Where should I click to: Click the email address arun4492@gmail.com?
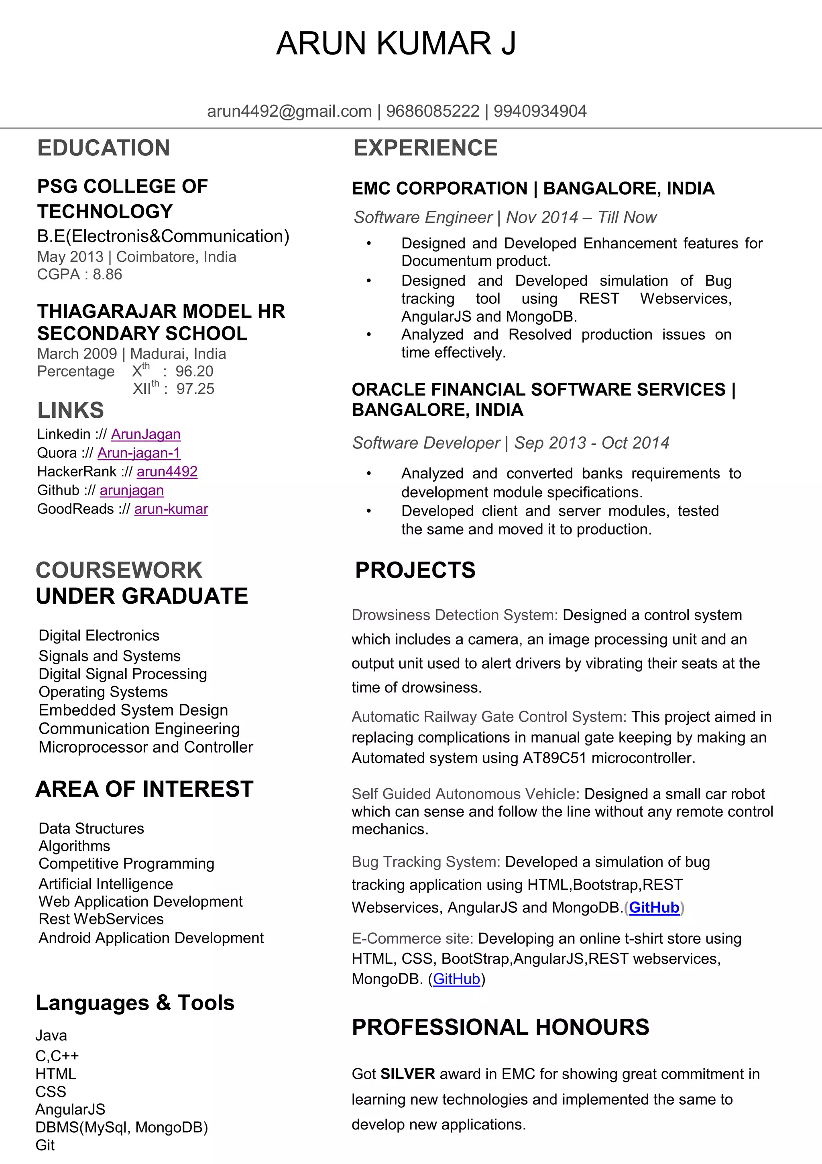(x=289, y=111)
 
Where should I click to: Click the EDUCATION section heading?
(x=104, y=148)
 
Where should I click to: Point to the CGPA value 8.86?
(x=107, y=274)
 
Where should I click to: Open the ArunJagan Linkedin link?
(x=146, y=434)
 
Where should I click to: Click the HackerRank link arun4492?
(x=167, y=472)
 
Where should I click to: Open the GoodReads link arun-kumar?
(x=171, y=509)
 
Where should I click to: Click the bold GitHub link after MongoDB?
(x=654, y=908)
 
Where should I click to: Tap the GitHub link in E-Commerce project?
(x=456, y=979)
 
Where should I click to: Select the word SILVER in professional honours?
(x=408, y=1074)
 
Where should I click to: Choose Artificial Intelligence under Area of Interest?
(x=106, y=884)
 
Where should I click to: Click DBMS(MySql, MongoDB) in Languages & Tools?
(x=122, y=1127)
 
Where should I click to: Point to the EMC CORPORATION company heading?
(x=439, y=189)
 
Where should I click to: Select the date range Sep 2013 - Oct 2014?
(x=591, y=443)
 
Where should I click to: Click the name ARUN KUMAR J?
(x=396, y=44)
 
